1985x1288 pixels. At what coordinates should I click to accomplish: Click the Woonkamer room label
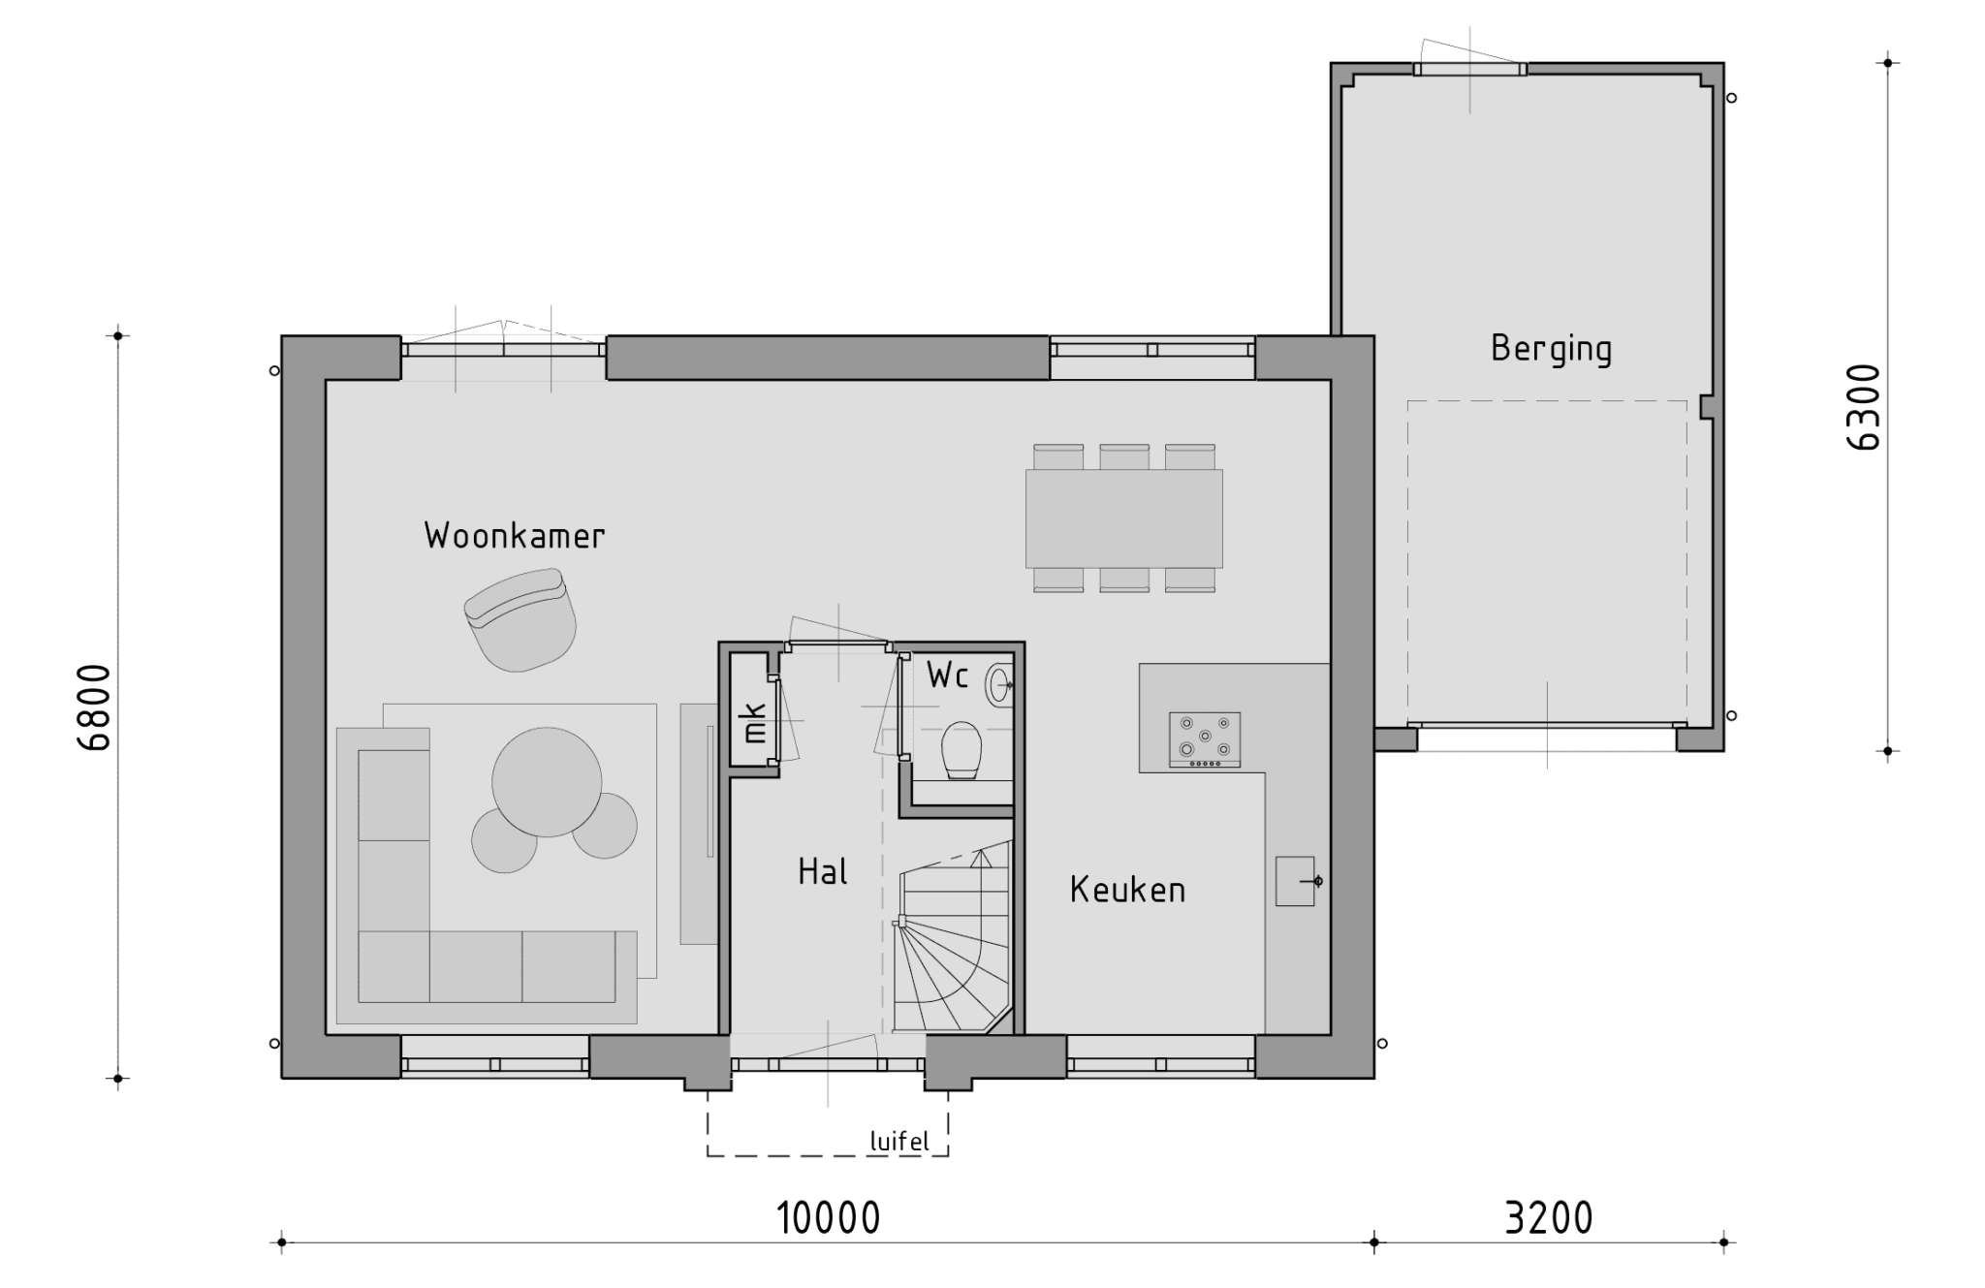click(x=515, y=536)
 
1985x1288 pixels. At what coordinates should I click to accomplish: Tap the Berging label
click(x=1551, y=349)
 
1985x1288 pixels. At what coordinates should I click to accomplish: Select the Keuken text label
click(x=1127, y=890)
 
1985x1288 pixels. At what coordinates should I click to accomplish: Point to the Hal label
click(x=823, y=871)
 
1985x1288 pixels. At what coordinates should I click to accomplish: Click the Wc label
click(x=947, y=675)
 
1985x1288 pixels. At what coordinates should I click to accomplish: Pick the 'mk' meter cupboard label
click(x=754, y=722)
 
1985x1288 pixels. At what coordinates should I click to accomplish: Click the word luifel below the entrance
click(x=899, y=1142)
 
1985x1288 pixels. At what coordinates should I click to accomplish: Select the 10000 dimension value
click(x=829, y=1218)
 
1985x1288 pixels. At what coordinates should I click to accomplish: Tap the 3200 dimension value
click(x=1548, y=1218)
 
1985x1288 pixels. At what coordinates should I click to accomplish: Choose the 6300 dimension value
click(x=1864, y=407)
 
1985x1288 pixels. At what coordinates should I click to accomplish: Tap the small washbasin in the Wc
click(x=999, y=685)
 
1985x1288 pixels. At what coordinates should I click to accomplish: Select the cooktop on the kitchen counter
click(x=1205, y=740)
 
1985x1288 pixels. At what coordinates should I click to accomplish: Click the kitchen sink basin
click(x=1295, y=881)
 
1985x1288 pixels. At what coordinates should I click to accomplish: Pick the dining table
click(x=1124, y=518)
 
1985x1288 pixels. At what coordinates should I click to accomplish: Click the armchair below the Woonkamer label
click(x=520, y=620)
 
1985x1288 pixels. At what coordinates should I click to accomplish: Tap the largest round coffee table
click(x=547, y=782)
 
